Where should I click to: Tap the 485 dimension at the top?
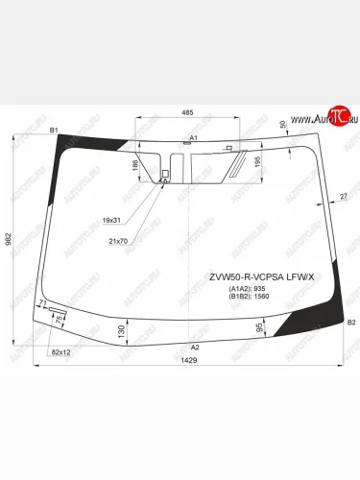[x=187, y=113]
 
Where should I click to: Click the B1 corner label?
[x=54, y=130]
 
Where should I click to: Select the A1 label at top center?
[x=193, y=138]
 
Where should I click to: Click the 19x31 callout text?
[x=112, y=221]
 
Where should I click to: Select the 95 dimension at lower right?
[x=261, y=328]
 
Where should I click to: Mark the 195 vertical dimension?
[x=256, y=161]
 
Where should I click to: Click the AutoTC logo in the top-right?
[x=329, y=118]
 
